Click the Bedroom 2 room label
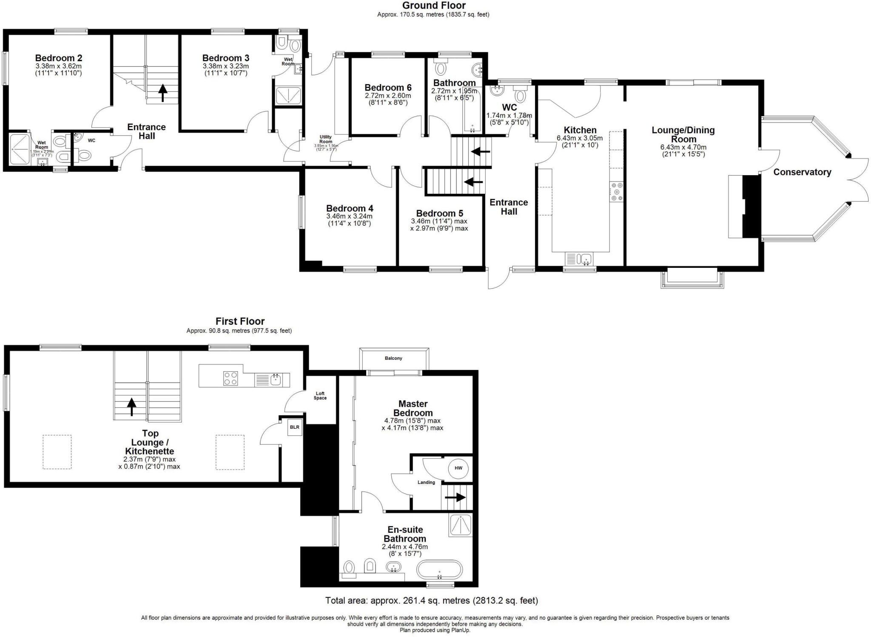point(59,58)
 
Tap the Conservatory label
point(802,172)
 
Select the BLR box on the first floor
point(295,427)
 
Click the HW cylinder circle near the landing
point(458,468)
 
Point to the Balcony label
point(393,358)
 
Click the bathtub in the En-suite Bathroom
point(439,569)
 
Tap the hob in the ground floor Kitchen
point(617,191)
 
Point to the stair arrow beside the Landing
point(455,497)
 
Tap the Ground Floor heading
point(433,6)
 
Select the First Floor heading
point(240,321)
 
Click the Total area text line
point(431,600)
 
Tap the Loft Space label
point(320,396)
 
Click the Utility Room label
point(326,139)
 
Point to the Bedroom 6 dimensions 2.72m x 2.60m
point(388,96)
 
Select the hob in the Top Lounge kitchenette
point(231,378)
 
